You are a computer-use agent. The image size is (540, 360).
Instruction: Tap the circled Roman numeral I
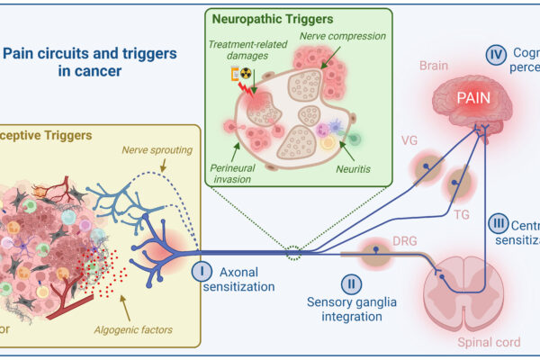click(x=202, y=244)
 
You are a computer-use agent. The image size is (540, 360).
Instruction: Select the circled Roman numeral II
click(x=354, y=284)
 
